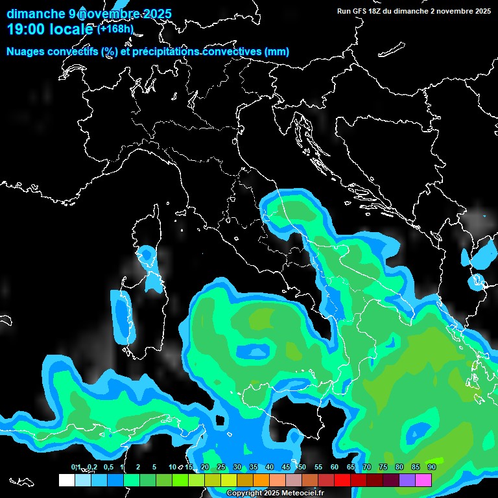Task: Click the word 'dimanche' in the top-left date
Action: coord(36,14)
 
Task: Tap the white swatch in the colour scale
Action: coord(66,480)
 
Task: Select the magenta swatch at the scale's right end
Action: coord(423,480)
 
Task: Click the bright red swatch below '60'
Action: coord(342,480)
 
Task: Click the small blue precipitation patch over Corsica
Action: coord(146,256)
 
